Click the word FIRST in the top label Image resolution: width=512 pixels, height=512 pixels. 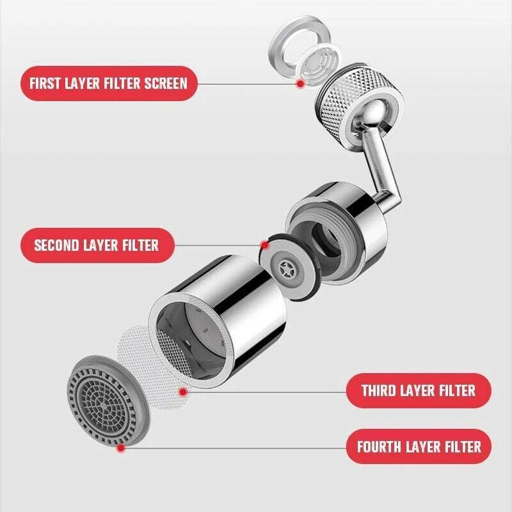click(x=49, y=83)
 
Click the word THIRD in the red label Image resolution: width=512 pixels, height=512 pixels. click(x=380, y=390)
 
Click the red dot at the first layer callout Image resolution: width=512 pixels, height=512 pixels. click(x=299, y=84)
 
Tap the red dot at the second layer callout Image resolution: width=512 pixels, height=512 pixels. click(x=264, y=244)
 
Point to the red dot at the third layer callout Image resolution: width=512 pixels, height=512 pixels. click(x=182, y=390)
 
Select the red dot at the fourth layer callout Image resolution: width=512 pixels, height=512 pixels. click(x=120, y=448)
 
